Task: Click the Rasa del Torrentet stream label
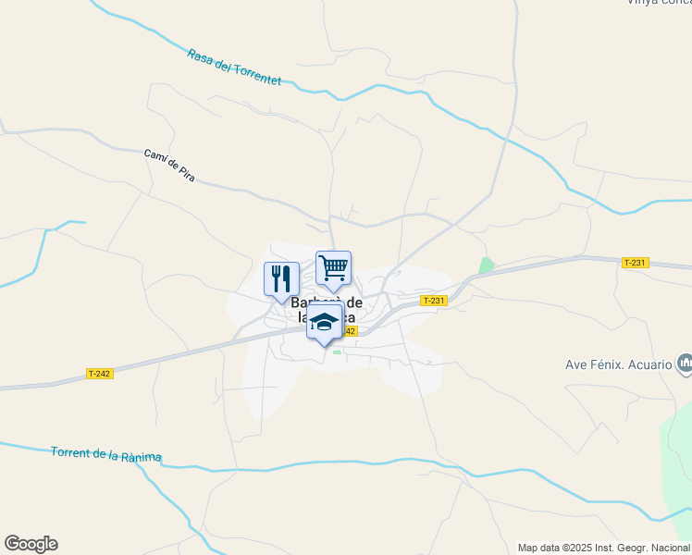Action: (233, 68)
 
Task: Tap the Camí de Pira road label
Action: (169, 165)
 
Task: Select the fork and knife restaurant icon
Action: (281, 278)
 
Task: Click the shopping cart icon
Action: (333, 268)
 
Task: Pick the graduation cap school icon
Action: (324, 322)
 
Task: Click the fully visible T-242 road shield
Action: (99, 374)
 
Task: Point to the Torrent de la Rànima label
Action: (106, 454)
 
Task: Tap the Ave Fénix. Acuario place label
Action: (618, 364)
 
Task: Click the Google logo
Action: (31, 544)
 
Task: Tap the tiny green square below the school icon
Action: (337, 351)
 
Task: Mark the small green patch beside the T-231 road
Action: (486, 265)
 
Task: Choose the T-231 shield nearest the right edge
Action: (635, 263)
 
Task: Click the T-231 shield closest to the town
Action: (433, 301)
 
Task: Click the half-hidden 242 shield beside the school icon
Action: (349, 331)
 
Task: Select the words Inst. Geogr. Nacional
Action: (649, 548)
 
